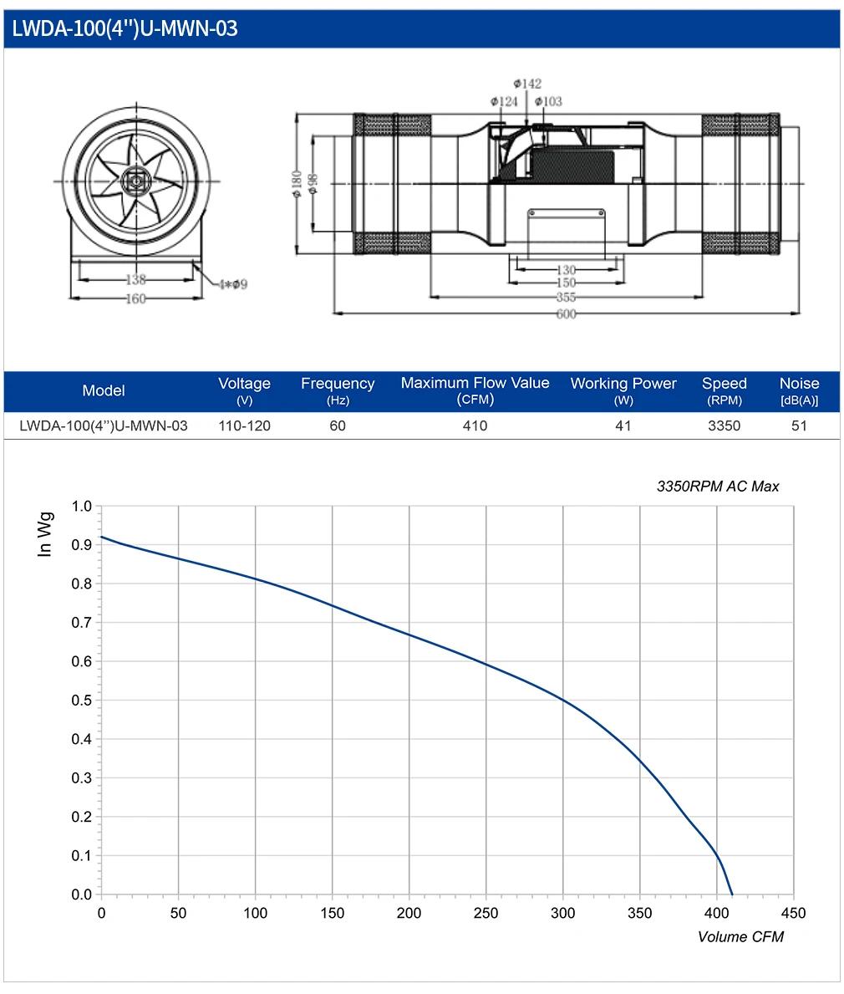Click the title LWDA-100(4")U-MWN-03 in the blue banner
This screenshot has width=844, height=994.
tap(125, 28)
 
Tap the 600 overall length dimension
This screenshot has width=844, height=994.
tap(566, 313)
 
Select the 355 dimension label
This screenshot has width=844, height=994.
tap(566, 298)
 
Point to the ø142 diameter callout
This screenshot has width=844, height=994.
tap(527, 84)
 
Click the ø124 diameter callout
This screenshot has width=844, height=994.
tap(504, 101)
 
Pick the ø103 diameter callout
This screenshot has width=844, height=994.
tap(548, 101)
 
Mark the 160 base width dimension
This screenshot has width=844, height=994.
tap(135, 298)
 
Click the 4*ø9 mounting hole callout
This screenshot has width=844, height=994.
tap(233, 284)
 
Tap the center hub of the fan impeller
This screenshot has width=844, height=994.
tap(135, 182)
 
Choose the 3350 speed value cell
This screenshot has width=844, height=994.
tap(724, 426)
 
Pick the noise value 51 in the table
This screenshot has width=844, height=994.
tap(799, 426)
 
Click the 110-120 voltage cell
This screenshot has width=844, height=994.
tap(244, 426)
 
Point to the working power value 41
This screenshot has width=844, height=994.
tap(623, 426)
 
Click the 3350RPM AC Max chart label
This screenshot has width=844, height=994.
tap(717, 487)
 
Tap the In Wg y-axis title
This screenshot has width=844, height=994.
tap(44, 534)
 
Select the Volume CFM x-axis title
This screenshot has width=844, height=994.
tap(740, 937)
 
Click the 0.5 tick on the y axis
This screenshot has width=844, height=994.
tap(82, 701)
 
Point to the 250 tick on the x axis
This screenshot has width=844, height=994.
tap(486, 914)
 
